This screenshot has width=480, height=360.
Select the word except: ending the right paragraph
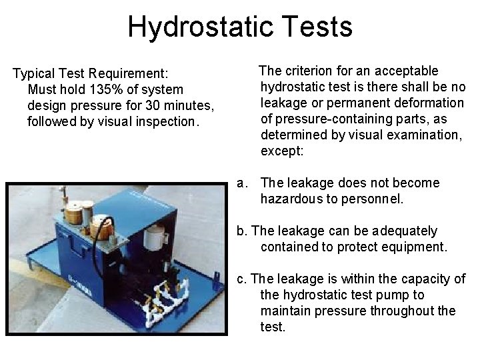point(282,151)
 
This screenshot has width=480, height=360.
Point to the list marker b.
point(241,231)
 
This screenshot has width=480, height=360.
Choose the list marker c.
point(241,279)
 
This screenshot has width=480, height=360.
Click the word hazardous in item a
point(290,199)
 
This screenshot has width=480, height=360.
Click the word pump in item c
point(383,295)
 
